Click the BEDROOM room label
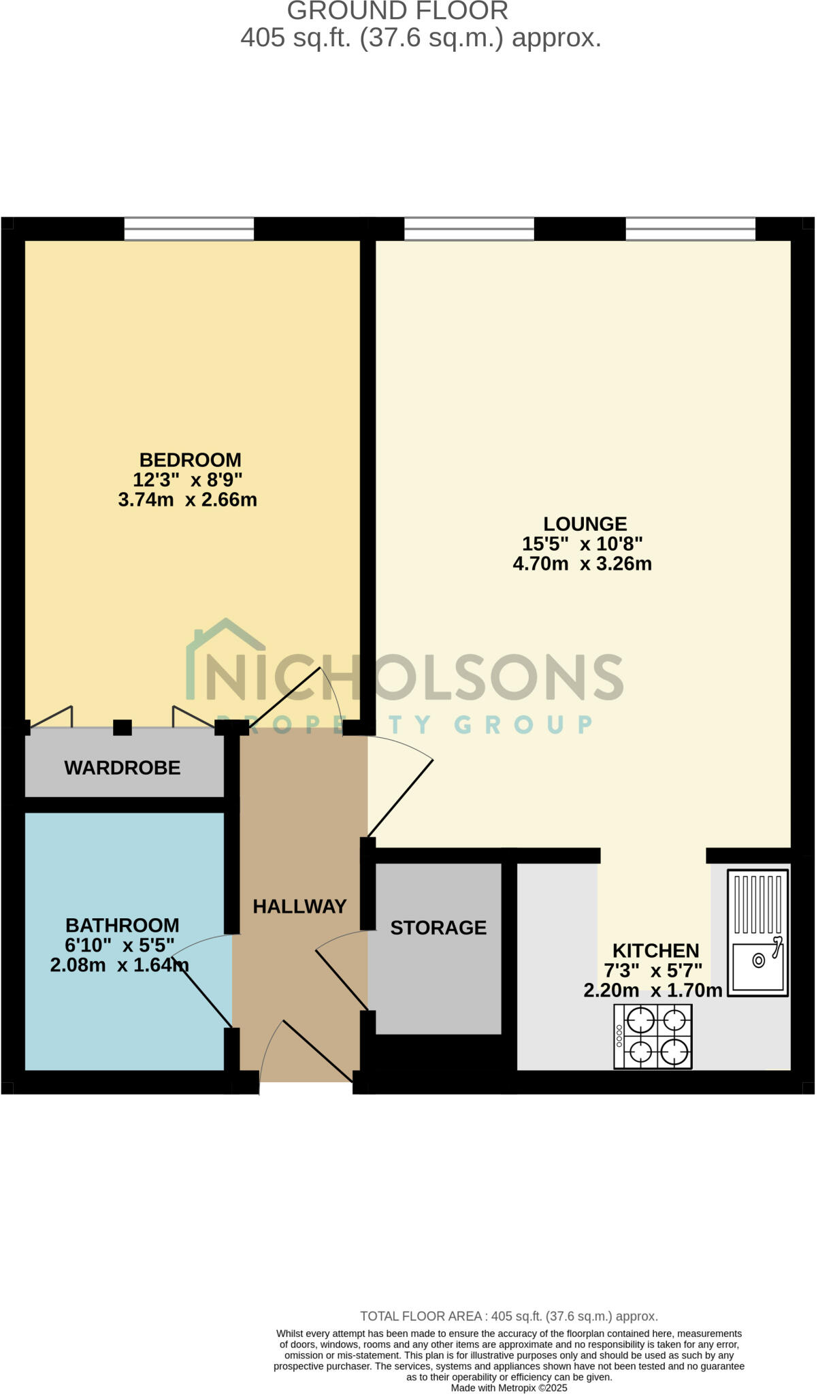point(190,459)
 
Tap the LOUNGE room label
point(585,523)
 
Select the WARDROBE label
point(122,768)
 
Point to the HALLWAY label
point(299,906)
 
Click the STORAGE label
point(438,927)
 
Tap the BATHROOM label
point(122,925)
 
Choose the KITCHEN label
point(655,950)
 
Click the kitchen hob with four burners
point(653,1036)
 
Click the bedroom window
point(189,229)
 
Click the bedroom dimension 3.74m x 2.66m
point(188,500)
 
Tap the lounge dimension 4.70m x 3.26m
point(582,564)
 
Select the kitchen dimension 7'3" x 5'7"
point(653,971)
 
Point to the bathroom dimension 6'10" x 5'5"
point(120,945)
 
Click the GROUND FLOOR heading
point(397,12)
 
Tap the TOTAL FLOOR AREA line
point(508,1316)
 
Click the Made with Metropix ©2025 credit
point(508,1388)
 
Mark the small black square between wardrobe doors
point(122,728)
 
